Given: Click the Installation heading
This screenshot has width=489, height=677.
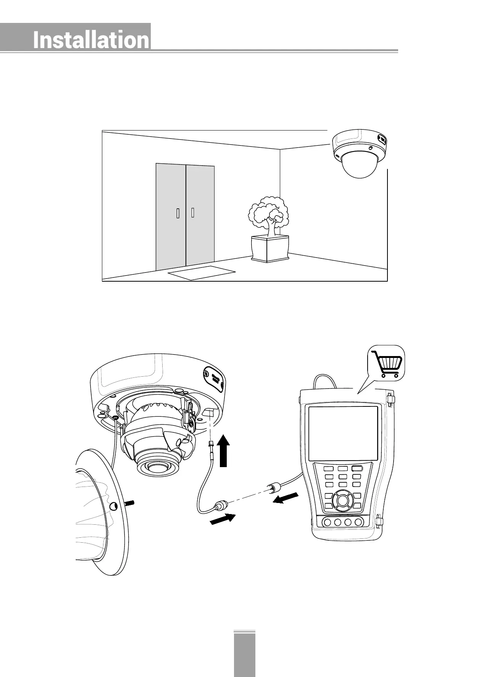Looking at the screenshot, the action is coord(91,40).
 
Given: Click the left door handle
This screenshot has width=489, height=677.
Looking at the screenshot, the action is coord(178,214).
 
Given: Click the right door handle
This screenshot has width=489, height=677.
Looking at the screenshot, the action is coord(193,212).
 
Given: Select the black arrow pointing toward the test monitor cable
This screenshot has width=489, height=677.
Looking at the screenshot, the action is coord(286,498).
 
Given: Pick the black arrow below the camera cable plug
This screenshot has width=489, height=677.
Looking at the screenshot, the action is coord(223,519).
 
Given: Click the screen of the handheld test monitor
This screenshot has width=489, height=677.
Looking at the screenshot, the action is coord(343,433).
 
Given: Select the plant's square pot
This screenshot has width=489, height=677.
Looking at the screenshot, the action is coord(270,248).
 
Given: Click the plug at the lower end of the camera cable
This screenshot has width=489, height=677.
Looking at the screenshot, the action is coord(221,506).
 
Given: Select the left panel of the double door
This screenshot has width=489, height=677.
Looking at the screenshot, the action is coord(171,216).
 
